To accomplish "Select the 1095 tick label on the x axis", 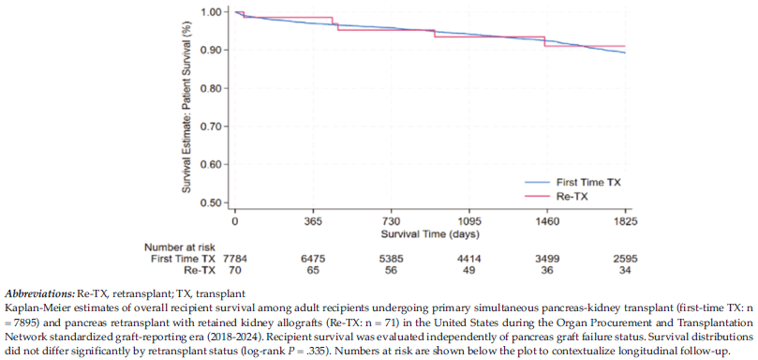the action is (469, 222).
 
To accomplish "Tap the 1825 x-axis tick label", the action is (625, 222).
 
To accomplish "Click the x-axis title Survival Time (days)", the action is (430, 235).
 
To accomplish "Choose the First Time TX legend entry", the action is (573, 183).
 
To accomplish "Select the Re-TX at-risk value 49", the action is (469, 271).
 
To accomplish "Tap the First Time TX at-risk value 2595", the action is (625, 260).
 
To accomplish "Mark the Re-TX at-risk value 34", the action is (625, 271).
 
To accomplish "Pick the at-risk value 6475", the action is (313, 260).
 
